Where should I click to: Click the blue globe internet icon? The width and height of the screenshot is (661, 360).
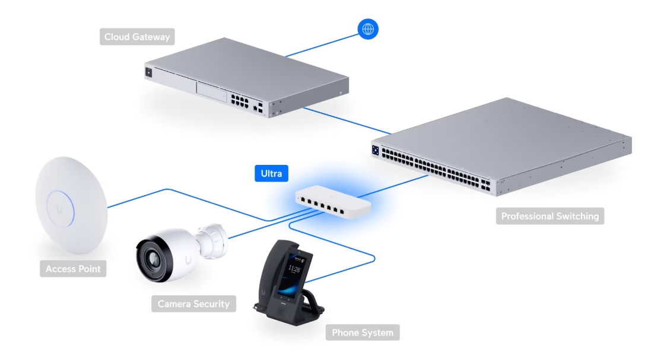click(368, 28)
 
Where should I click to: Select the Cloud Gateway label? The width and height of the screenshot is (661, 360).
click(137, 37)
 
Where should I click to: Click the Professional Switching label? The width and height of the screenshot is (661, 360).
click(550, 216)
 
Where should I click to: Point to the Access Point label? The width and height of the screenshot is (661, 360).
click(73, 269)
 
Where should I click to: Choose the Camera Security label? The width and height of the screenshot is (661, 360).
click(193, 304)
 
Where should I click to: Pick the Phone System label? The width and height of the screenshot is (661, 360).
click(362, 332)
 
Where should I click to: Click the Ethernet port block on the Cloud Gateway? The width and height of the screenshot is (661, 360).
click(240, 100)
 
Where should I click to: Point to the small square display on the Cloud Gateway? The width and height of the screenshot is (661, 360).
click(148, 73)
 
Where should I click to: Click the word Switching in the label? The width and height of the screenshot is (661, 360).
click(575, 216)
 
